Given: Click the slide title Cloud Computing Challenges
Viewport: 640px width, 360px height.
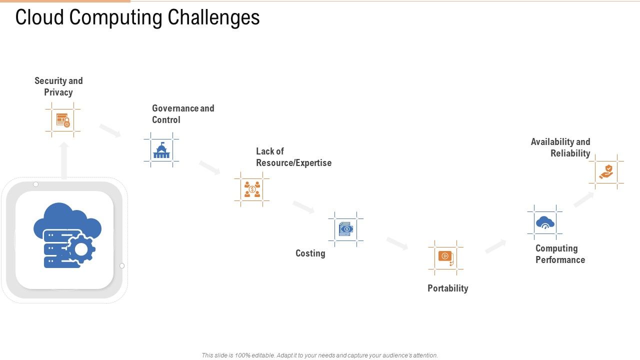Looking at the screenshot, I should pyautogui.click(x=137, y=17).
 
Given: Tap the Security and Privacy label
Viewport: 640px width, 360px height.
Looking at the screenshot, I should pyautogui.click(x=58, y=86).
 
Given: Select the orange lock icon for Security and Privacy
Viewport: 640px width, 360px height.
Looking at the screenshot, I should pyautogui.click(x=63, y=120).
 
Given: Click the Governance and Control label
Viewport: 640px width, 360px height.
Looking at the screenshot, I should pyautogui.click(x=183, y=114).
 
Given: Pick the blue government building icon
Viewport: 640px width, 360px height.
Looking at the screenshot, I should pyautogui.click(x=161, y=150).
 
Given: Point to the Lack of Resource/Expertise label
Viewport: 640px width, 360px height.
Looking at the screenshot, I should pyautogui.click(x=293, y=157).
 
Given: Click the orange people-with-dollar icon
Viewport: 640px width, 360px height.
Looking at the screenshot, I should pyautogui.click(x=252, y=189).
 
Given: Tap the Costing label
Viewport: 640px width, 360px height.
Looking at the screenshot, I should pyautogui.click(x=310, y=253).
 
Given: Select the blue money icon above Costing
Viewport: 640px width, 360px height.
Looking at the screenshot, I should pyautogui.click(x=345, y=229).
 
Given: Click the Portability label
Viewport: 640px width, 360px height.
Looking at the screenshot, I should pyautogui.click(x=447, y=288).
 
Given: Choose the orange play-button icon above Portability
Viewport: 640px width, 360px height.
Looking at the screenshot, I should pyautogui.click(x=445, y=257).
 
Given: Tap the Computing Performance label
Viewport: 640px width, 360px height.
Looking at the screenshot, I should pyautogui.click(x=560, y=254).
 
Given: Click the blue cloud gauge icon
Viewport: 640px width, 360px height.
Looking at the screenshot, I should pyautogui.click(x=544, y=222).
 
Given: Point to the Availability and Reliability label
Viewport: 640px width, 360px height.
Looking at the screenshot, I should pyautogui.click(x=560, y=147).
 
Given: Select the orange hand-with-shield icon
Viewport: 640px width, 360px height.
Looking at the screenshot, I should pyautogui.click(x=606, y=172).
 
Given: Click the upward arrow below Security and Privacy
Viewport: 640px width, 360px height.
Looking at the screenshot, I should pyautogui.click(x=64, y=160).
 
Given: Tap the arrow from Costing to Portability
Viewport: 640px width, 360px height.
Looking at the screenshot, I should pyautogui.click(x=397, y=243).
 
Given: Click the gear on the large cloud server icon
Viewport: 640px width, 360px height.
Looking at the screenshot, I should pyautogui.click(x=81, y=248).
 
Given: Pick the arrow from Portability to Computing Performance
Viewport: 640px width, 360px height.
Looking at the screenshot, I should pyautogui.click(x=495, y=246).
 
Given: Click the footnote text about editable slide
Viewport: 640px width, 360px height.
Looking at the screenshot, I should pyautogui.click(x=320, y=355).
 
